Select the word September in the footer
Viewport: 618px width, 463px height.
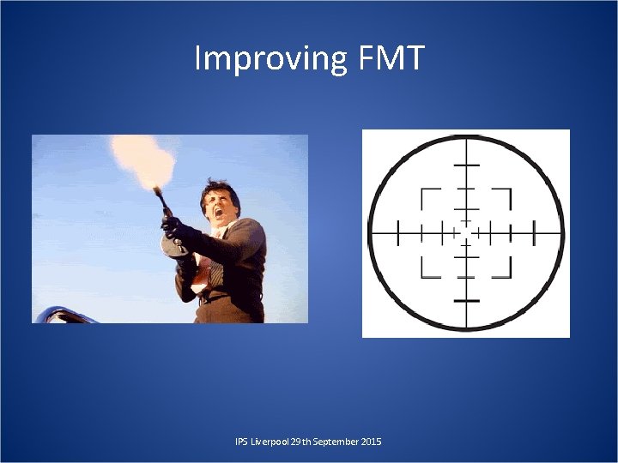click(329, 442)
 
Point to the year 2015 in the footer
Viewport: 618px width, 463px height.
click(371, 442)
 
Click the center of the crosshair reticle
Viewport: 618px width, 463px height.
click(466, 231)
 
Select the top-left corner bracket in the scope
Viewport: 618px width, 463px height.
click(427, 196)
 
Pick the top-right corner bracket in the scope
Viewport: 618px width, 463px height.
click(505, 196)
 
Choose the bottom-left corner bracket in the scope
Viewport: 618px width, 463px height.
click(427, 269)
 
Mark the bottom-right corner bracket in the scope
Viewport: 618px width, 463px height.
click(505, 269)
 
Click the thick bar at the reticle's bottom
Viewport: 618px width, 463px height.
click(466, 301)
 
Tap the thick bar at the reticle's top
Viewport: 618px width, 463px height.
click(466, 164)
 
